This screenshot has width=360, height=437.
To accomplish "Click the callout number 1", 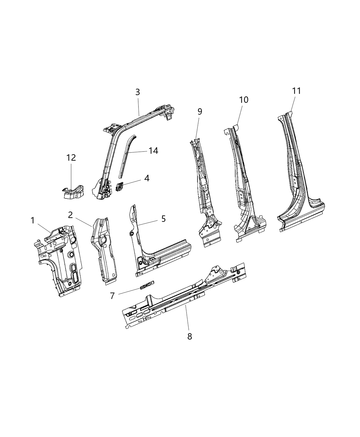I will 33,220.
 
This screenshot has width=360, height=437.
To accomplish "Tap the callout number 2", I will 70,215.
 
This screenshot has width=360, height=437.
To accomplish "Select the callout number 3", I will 137,92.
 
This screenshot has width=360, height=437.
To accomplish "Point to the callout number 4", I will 146,178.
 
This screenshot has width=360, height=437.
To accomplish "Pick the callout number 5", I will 163,218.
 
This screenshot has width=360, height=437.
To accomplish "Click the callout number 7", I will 112,295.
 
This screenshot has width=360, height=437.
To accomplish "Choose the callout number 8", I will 190,336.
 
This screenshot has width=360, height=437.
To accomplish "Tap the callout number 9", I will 200,111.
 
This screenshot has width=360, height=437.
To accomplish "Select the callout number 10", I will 244,100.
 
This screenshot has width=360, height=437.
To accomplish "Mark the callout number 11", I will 297,91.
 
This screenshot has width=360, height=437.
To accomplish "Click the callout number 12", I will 71,158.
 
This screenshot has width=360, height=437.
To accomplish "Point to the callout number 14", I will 153,150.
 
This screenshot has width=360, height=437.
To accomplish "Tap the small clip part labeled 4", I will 120,187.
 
